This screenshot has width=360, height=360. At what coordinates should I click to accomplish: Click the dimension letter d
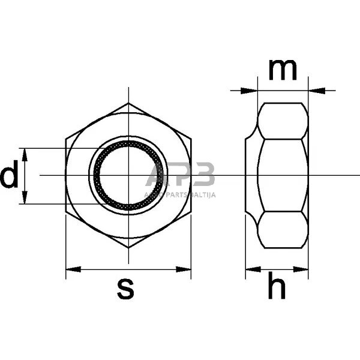(8, 177)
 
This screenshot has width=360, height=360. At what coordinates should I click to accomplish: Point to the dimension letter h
(277, 289)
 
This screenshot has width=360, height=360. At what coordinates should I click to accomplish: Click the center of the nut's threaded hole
(128, 175)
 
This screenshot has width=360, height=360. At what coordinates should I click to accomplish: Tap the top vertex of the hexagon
(128, 103)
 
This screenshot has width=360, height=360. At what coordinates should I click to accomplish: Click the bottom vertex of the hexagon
(128, 248)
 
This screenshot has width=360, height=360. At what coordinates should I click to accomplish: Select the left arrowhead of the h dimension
(251, 269)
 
